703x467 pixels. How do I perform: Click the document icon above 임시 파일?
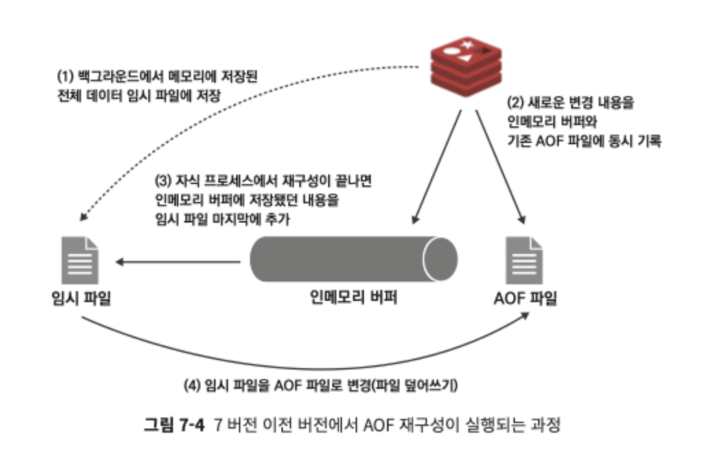pyautogui.click(x=80, y=259)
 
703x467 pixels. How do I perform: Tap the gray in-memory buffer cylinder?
pyautogui.click(x=343, y=260)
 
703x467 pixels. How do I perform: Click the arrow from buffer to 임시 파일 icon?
pyautogui.click(x=178, y=261)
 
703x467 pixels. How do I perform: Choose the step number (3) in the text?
pyautogui.click(x=165, y=183)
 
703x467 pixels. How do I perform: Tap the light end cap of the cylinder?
pyautogui.click(x=439, y=260)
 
